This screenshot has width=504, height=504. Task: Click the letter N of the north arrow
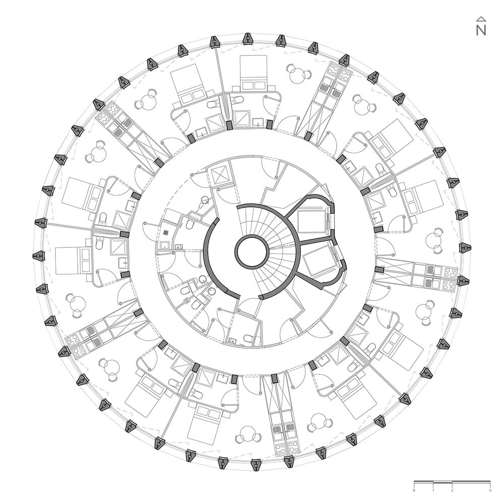481,30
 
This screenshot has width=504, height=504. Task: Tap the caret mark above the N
481,19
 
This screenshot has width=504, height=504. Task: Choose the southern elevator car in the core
319,260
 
